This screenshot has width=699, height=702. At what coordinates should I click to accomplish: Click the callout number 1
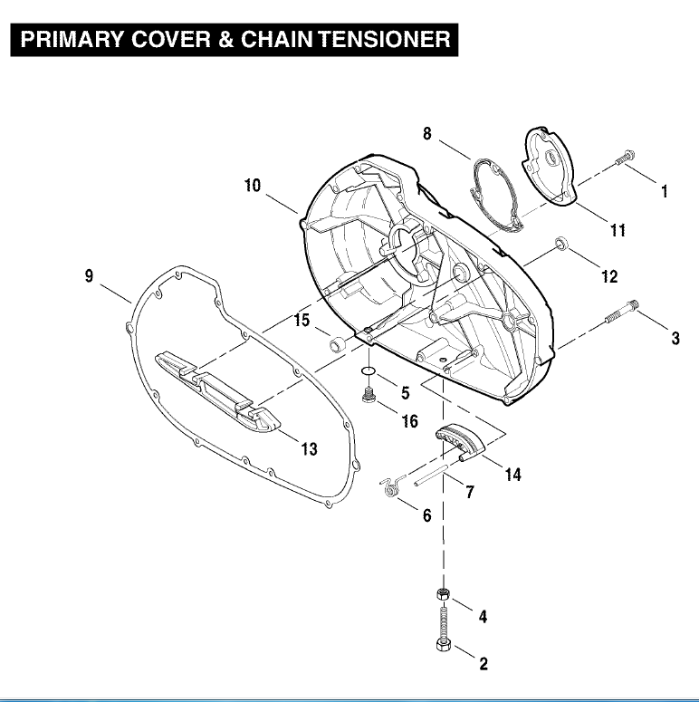point(664,191)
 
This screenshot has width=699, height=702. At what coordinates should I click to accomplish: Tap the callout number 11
point(617,231)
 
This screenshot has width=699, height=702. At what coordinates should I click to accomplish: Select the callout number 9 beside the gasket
point(89,276)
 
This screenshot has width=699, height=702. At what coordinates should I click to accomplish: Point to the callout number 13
point(309,449)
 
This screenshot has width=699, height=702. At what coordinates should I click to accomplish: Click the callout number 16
point(409,420)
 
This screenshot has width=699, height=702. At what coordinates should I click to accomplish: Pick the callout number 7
point(469,493)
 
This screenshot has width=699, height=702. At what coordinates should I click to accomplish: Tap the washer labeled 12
point(562,244)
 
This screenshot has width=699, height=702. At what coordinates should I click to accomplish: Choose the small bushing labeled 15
point(336,343)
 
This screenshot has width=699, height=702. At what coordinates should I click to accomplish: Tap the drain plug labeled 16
point(369,396)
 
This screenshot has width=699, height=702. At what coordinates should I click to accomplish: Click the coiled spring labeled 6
point(390,488)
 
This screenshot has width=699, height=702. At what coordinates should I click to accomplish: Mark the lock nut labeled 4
point(443,594)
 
